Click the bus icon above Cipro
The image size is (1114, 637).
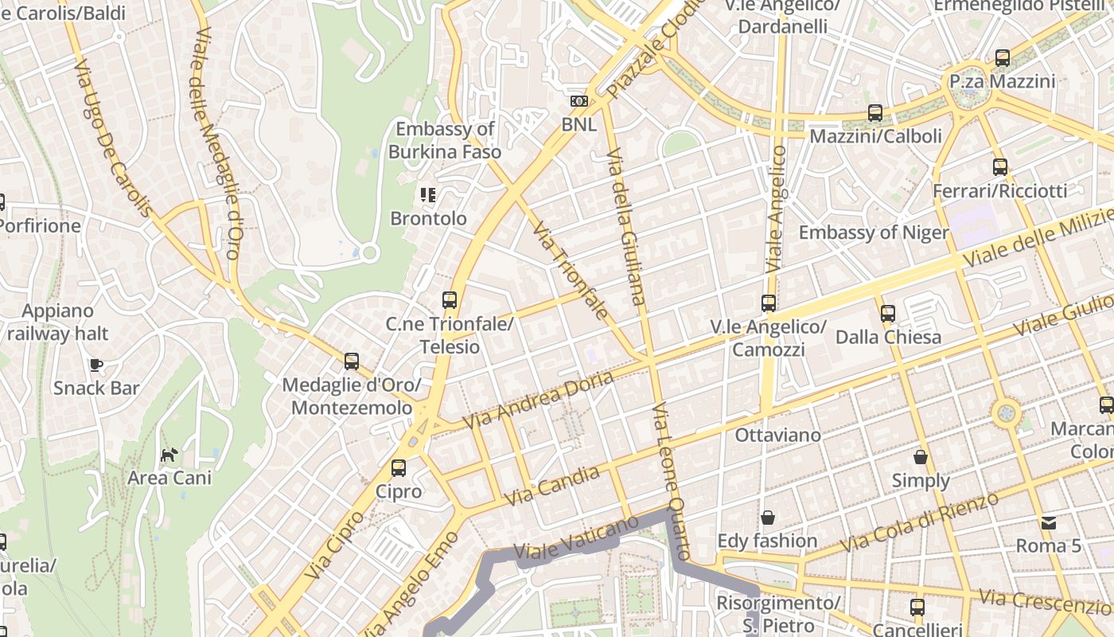coord(399,468)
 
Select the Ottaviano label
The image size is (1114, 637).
coord(777,435)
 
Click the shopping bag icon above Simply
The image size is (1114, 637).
coord(921,457)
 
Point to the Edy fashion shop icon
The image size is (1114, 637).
coord(768,518)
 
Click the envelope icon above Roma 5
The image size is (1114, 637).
coord(1049,523)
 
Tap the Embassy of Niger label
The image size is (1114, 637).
coord(873,233)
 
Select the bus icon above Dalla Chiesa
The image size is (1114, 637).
coord(888,314)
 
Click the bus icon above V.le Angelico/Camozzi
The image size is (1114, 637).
coord(768,303)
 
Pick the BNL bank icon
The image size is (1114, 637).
coord(579,101)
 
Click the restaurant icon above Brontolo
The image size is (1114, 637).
coord(428,195)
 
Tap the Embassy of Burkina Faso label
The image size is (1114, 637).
coord(445,140)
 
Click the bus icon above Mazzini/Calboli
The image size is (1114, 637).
coord(875,113)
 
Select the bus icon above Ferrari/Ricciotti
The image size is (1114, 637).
coord(1000,167)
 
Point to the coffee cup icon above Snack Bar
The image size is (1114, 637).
coord(96,365)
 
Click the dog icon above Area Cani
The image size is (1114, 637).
coord(169,455)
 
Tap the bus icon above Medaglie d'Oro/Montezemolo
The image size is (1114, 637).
coord(352,361)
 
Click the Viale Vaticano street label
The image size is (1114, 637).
coord(576,538)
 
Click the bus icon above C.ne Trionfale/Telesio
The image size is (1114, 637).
coord(450,300)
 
